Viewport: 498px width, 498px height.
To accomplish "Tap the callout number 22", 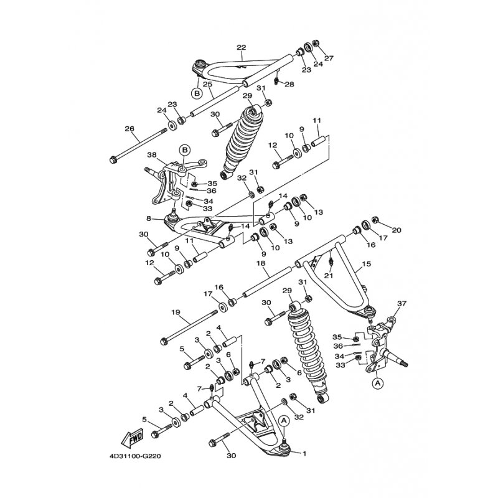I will point(242,47).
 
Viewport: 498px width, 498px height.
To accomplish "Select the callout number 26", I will point(129,129).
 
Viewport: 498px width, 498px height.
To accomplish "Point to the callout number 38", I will point(151,154).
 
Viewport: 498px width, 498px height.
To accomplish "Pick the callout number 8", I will point(149,218).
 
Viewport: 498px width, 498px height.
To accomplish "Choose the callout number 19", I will point(175,312).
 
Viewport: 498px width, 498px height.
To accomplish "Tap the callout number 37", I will point(402,304).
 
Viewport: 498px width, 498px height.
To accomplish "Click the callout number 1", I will point(305,453).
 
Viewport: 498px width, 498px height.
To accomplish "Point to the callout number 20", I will point(397,230).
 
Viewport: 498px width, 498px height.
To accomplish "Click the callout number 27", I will point(329,58).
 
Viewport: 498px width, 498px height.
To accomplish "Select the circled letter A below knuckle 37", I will point(377,384).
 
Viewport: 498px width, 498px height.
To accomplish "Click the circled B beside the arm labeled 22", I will point(197,93).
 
